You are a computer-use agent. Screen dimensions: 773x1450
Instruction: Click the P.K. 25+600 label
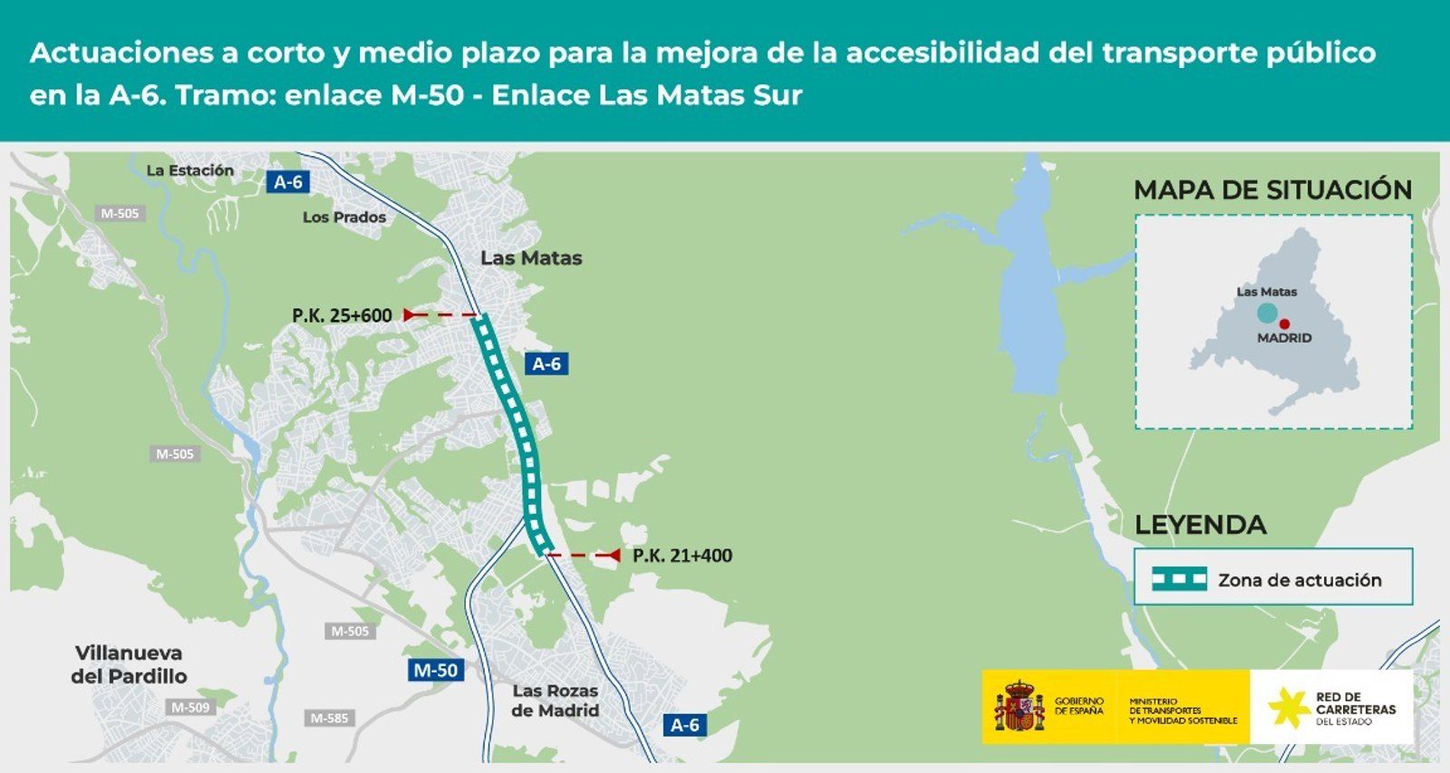[x=342, y=315]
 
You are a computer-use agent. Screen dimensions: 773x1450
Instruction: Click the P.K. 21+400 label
[x=681, y=556]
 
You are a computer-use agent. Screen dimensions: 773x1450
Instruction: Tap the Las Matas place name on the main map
[x=531, y=258]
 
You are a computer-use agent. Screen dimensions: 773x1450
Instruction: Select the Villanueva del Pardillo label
[x=129, y=664]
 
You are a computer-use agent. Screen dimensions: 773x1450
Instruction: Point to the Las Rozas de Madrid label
[x=555, y=701]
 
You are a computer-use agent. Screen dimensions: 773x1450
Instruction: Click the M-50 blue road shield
[x=435, y=671]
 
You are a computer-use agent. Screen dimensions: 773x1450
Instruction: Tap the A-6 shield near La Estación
[x=288, y=182]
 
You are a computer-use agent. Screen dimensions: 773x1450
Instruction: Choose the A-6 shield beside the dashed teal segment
[x=546, y=364]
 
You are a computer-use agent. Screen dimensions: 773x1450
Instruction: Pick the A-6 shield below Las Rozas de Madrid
[x=684, y=725]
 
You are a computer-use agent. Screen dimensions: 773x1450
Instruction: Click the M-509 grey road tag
[x=190, y=708]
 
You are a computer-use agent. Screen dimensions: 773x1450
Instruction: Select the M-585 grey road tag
[x=329, y=719]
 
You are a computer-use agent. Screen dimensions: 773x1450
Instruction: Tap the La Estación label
[x=190, y=170]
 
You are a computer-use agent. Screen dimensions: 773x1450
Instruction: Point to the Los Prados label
[x=344, y=217]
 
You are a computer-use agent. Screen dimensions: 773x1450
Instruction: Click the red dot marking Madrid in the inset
[x=1284, y=324]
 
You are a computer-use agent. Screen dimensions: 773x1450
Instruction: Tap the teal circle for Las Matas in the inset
[x=1267, y=314]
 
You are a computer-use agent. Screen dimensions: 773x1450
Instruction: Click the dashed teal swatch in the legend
[x=1179, y=579]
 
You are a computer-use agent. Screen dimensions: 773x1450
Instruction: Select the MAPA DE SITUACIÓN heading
[x=1272, y=190]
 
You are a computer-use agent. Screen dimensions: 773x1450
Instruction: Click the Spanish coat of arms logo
[x=1020, y=707]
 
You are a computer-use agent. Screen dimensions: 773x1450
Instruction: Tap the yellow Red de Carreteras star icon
[x=1288, y=707]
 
